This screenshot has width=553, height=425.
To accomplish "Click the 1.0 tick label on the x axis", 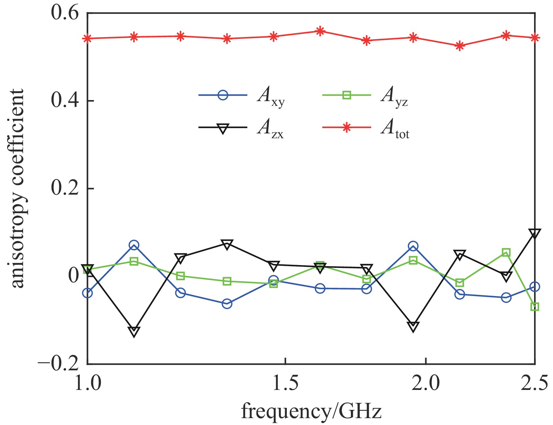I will click(87, 383).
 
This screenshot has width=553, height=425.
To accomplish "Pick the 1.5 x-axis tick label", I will click(285, 383).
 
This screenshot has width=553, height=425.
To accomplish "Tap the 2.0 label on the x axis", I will click(426, 383).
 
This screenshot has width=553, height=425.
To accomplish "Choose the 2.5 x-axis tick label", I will click(534, 383).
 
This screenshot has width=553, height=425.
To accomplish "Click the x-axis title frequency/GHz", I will click(311, 411).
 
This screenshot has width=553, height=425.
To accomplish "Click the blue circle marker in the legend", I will click(223, 95).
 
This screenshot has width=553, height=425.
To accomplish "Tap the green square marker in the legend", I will click(346, 95).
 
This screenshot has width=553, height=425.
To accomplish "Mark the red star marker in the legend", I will click(346, 128).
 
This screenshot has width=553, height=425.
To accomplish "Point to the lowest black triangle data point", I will click(134, 331).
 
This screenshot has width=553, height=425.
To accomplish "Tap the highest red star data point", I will click(320, 31).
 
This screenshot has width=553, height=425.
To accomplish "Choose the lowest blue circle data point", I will click(227, 304).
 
